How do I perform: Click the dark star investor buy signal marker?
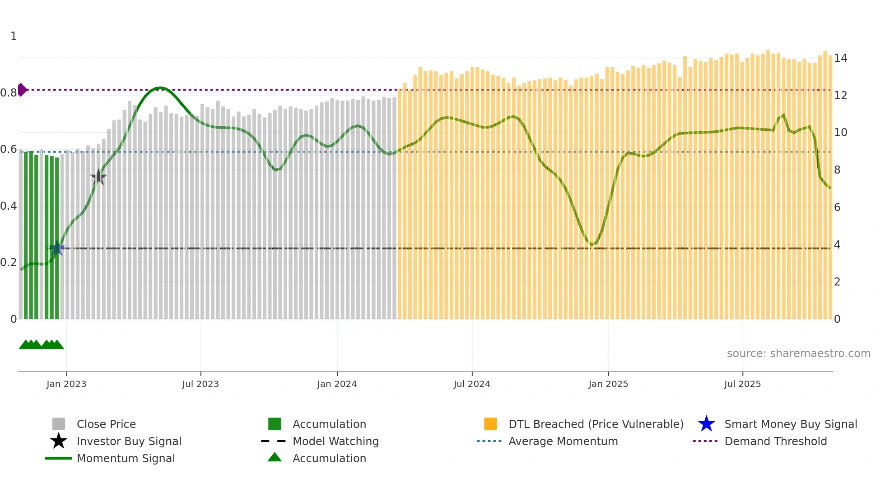(x=98, y=177)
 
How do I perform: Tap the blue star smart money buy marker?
(x=57, y=248)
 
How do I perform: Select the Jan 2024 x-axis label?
(x=337, y=384)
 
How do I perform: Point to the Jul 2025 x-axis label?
(x=742, y=384)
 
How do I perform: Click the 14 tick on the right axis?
(x=840, y=58)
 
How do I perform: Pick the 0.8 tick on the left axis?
(x=9, y=93)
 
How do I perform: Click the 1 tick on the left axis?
(x=14, y=36)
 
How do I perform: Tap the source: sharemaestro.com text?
(x=798, y=353)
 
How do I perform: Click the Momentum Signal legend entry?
(x=126, y=458)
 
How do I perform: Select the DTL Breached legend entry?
(x=596, y=424)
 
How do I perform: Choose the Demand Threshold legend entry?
(x=775, y=441)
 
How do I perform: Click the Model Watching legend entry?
(x=335, y=441)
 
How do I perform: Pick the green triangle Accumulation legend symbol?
(x=275, y=457)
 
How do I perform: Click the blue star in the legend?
(x=706, y=424)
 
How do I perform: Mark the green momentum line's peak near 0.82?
(x=159, y=88)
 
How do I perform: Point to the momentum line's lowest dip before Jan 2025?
(x=592, y=245)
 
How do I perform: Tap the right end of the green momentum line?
(x=830, y=188)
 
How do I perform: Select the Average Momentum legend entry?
(x=563, y=441)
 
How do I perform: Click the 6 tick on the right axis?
(x=837, y=207)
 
